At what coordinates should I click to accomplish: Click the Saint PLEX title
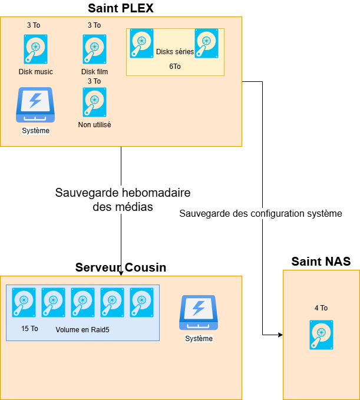tap(120, 8)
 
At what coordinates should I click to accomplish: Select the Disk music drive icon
tap(36, 49)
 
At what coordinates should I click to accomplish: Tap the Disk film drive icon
tap(94, 49)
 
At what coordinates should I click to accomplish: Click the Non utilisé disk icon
tap(94, 103)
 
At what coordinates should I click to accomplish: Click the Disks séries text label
tap(175, 52)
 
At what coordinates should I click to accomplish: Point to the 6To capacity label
tap(175, 67)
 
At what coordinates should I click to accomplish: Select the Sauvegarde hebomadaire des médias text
tap(123, 200)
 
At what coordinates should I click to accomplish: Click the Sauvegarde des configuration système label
tap(260, 213)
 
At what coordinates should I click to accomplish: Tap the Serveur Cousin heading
tap(121, 267)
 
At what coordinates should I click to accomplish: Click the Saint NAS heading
tap(321, 262)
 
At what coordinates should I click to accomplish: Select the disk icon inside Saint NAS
tap(321, 335)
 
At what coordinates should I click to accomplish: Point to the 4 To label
tap(321, 308)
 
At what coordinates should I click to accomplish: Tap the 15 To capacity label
tap(29, 329)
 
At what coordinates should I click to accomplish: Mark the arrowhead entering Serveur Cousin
tap(121, 273)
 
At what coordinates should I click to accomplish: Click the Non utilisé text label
tap(94, 125)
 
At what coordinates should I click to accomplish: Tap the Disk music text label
tap(35, 72)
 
